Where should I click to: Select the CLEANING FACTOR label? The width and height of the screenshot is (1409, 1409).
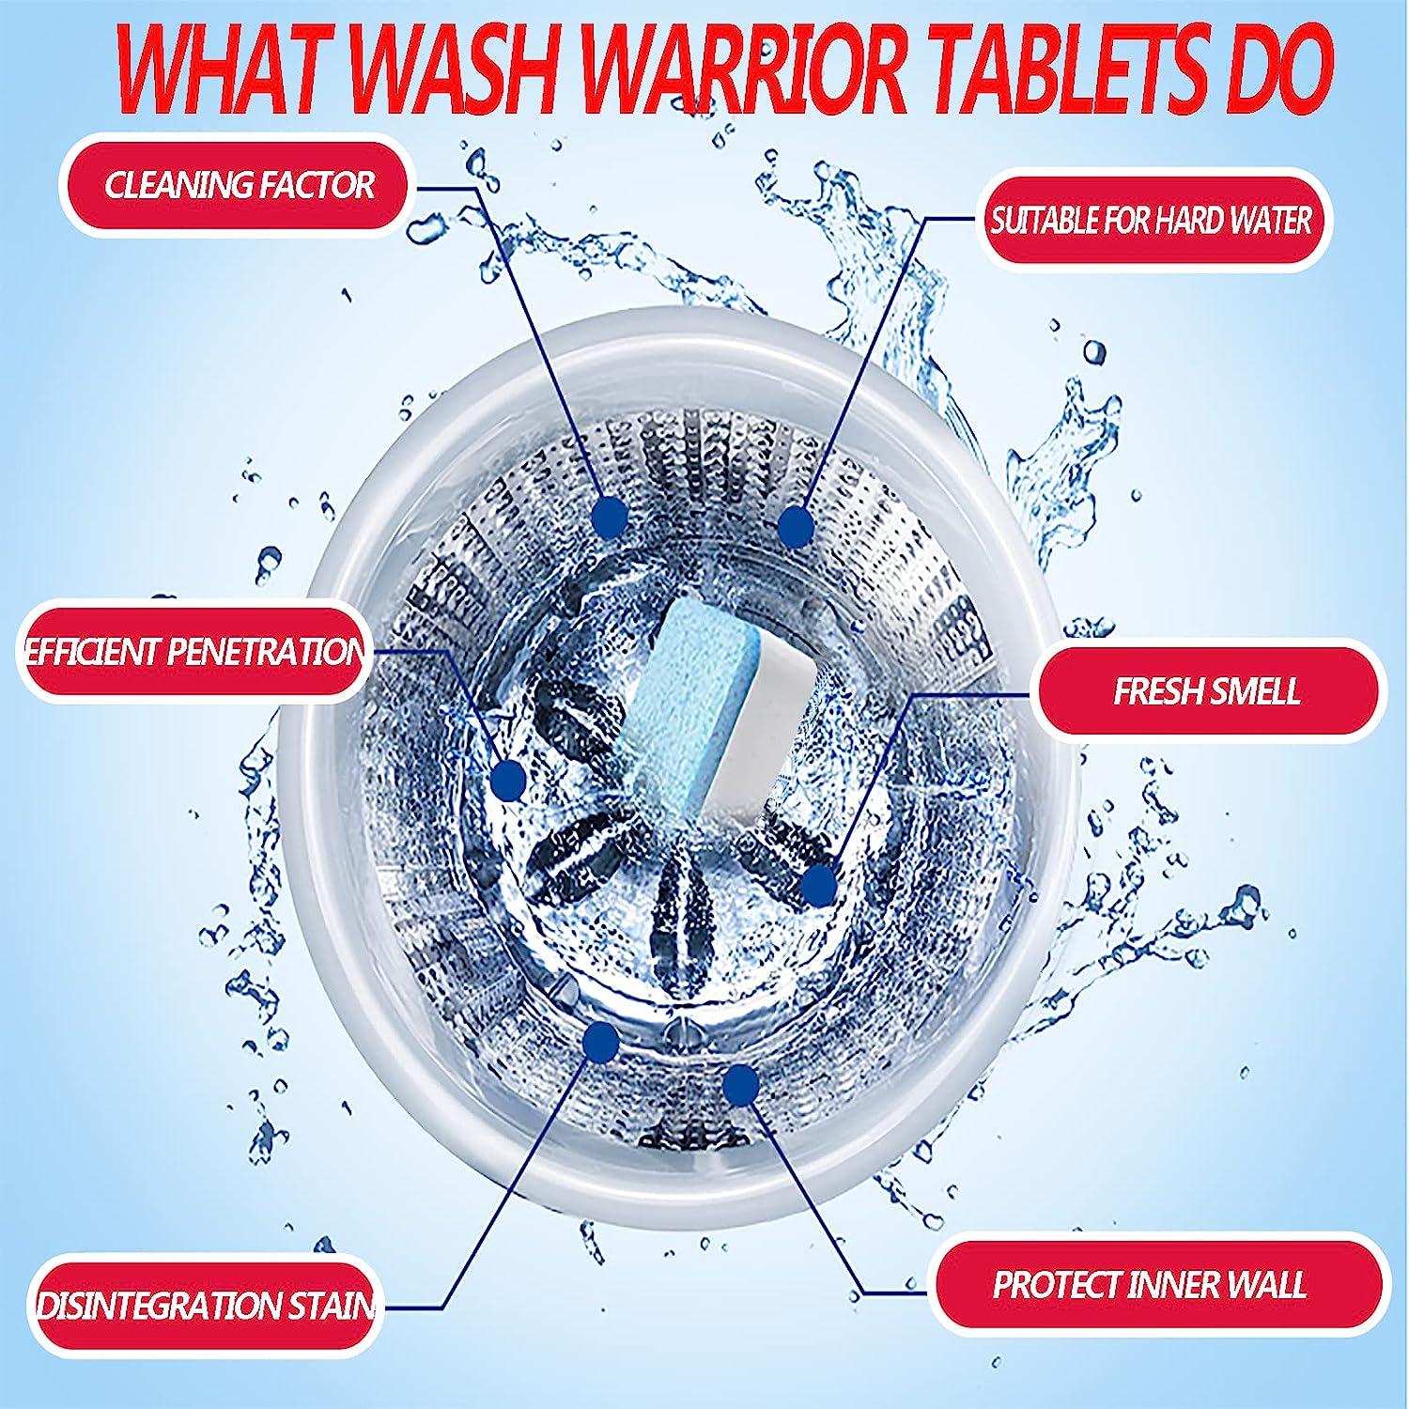tap(240, 185)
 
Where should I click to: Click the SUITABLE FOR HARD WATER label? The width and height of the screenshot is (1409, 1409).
tap(1152, 221)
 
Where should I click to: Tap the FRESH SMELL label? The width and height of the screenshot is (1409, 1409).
tap(1206, 691)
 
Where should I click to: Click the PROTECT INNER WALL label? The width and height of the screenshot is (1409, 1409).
tap(1149, 1284)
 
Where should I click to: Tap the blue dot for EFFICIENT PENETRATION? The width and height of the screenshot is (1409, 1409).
tap(509, 779)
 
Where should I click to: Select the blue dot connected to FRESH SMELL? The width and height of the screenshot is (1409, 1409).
tap(818, 885)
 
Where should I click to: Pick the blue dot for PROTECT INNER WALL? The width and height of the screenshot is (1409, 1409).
tap(742, 1085)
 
